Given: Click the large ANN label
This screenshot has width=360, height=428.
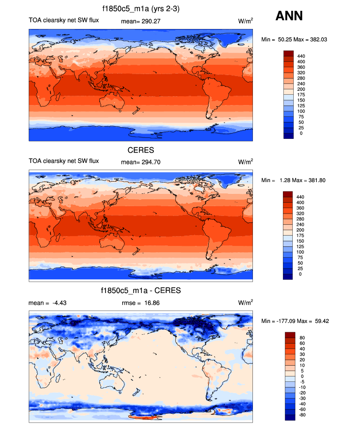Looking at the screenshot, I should pyautogui.click(x=289, y=16).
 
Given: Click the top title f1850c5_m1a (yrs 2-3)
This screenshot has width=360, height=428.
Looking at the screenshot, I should pyautogui.click(x=141, y=8).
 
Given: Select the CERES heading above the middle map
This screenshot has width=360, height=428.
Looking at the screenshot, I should pyautogui.click(x=141, y=150).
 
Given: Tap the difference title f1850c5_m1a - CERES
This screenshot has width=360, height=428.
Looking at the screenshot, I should pyautogui.click(x=141, y=291).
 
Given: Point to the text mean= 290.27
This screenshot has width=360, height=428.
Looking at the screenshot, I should pyautogui.click(x=140, y=21).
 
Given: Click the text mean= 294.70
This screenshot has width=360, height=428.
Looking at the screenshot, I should pyautogui.click(x=140, y=161).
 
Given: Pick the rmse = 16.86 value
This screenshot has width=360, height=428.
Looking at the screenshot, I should pyautogui.click(x=140, y=302).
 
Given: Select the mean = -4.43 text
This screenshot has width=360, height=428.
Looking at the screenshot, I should pyautogui.click(x=48, y=302).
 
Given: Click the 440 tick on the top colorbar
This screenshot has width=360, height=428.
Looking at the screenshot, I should pyautogui.click(x=302, y=56).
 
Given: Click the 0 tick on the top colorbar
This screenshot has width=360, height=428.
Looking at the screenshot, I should pyautogui.click(x=299, y=133).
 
